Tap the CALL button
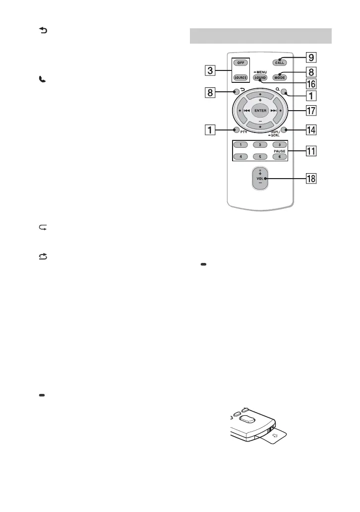click(280, 63)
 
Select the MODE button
click(280, 78)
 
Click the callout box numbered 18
click(311, 178)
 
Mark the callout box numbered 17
click(311, 110)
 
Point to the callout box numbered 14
click(311, 130)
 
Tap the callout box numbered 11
click(311, 150)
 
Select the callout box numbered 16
click(311, 84)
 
